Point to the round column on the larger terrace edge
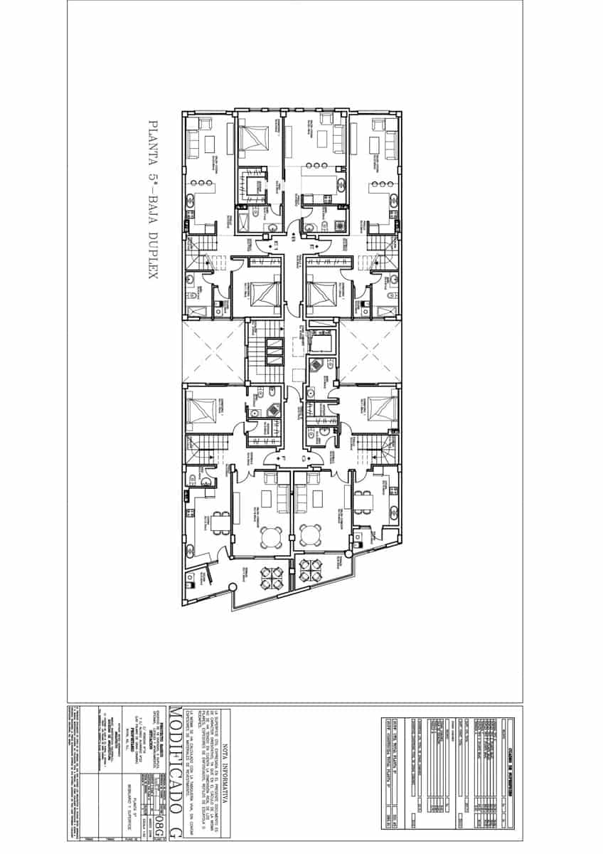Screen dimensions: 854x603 pyautogui.click(x=231, y=587)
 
